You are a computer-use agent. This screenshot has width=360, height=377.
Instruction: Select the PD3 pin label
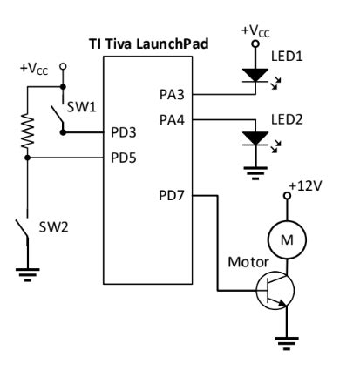[122, 133]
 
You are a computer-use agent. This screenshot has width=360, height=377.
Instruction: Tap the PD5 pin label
[122, 158]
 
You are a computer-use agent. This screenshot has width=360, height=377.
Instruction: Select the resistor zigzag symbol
[28, 131]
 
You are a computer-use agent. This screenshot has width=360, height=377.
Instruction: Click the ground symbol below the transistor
[282, 341]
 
